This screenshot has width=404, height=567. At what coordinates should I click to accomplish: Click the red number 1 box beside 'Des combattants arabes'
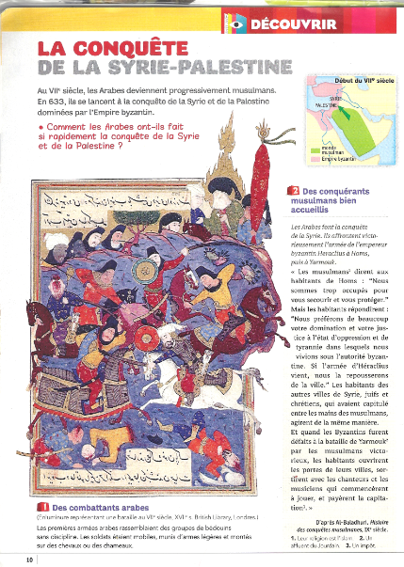(42, 509)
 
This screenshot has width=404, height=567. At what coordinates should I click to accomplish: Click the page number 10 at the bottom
(30, 559)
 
